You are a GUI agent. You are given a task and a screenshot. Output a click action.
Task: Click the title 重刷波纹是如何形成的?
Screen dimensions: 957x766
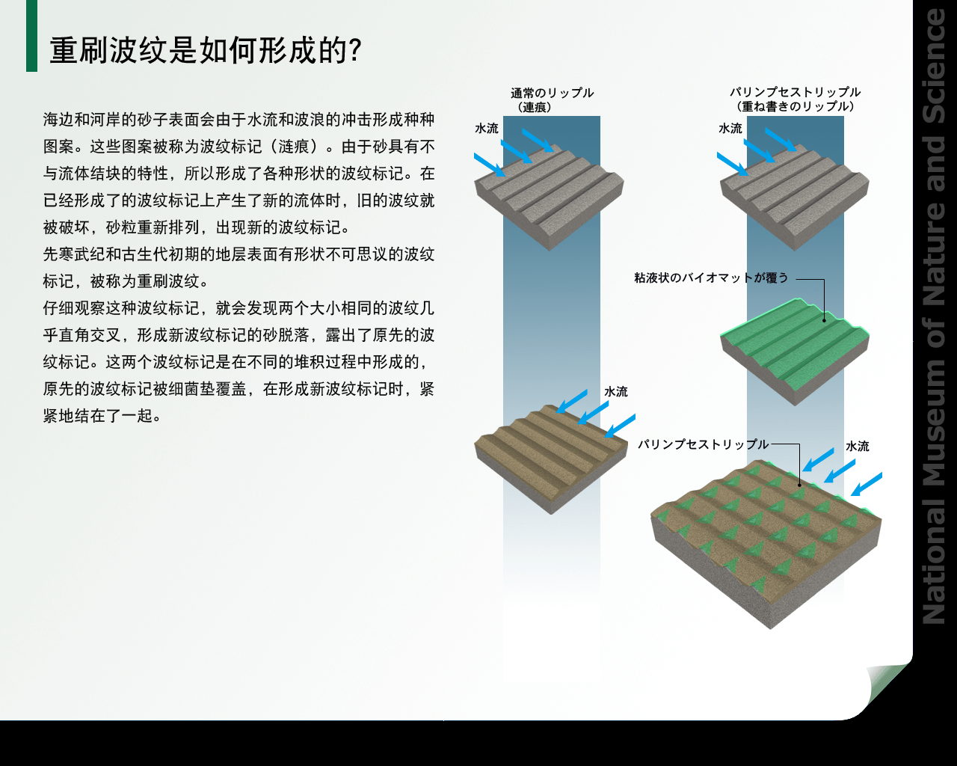[206, 50]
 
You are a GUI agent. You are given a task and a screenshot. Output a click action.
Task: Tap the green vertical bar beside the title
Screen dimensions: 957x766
[31, 36]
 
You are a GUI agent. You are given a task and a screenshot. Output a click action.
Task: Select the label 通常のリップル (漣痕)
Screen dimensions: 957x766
[552, 99]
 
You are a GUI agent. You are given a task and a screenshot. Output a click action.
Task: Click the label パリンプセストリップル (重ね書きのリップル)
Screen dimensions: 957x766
[795, 99]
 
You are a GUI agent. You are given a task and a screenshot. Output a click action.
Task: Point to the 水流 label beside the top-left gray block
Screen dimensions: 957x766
[487, 128]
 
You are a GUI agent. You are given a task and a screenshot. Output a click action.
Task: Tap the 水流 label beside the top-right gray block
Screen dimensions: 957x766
[730, 128]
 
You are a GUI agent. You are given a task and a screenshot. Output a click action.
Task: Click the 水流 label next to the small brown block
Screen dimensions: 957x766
[615, 392]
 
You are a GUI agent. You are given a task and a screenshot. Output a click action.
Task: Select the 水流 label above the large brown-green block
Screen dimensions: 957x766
[857, 446]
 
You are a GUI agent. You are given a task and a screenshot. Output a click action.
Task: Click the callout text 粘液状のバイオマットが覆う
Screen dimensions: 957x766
[711, 278]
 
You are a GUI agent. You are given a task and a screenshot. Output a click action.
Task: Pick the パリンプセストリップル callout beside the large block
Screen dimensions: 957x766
[703, 444]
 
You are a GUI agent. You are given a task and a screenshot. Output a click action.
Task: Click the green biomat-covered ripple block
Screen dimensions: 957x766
[795, 352]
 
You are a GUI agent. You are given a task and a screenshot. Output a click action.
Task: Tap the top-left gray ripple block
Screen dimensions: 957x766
[550, 197]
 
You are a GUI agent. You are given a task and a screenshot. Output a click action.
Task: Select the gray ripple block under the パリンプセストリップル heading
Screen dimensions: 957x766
[795, 197]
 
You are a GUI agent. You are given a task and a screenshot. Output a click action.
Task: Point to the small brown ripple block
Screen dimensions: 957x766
[551, 459]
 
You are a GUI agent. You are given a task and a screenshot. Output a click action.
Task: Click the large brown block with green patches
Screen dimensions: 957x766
[766, 544]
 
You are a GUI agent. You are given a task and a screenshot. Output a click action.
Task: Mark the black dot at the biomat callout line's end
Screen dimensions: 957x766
[824, 320]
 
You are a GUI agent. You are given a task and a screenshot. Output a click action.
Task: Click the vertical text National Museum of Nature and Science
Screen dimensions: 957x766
[935, 315]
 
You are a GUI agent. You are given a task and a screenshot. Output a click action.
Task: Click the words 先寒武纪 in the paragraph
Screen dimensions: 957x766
[74, 254]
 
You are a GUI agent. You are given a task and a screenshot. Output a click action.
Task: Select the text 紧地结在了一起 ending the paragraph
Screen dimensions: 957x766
[98, 416]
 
